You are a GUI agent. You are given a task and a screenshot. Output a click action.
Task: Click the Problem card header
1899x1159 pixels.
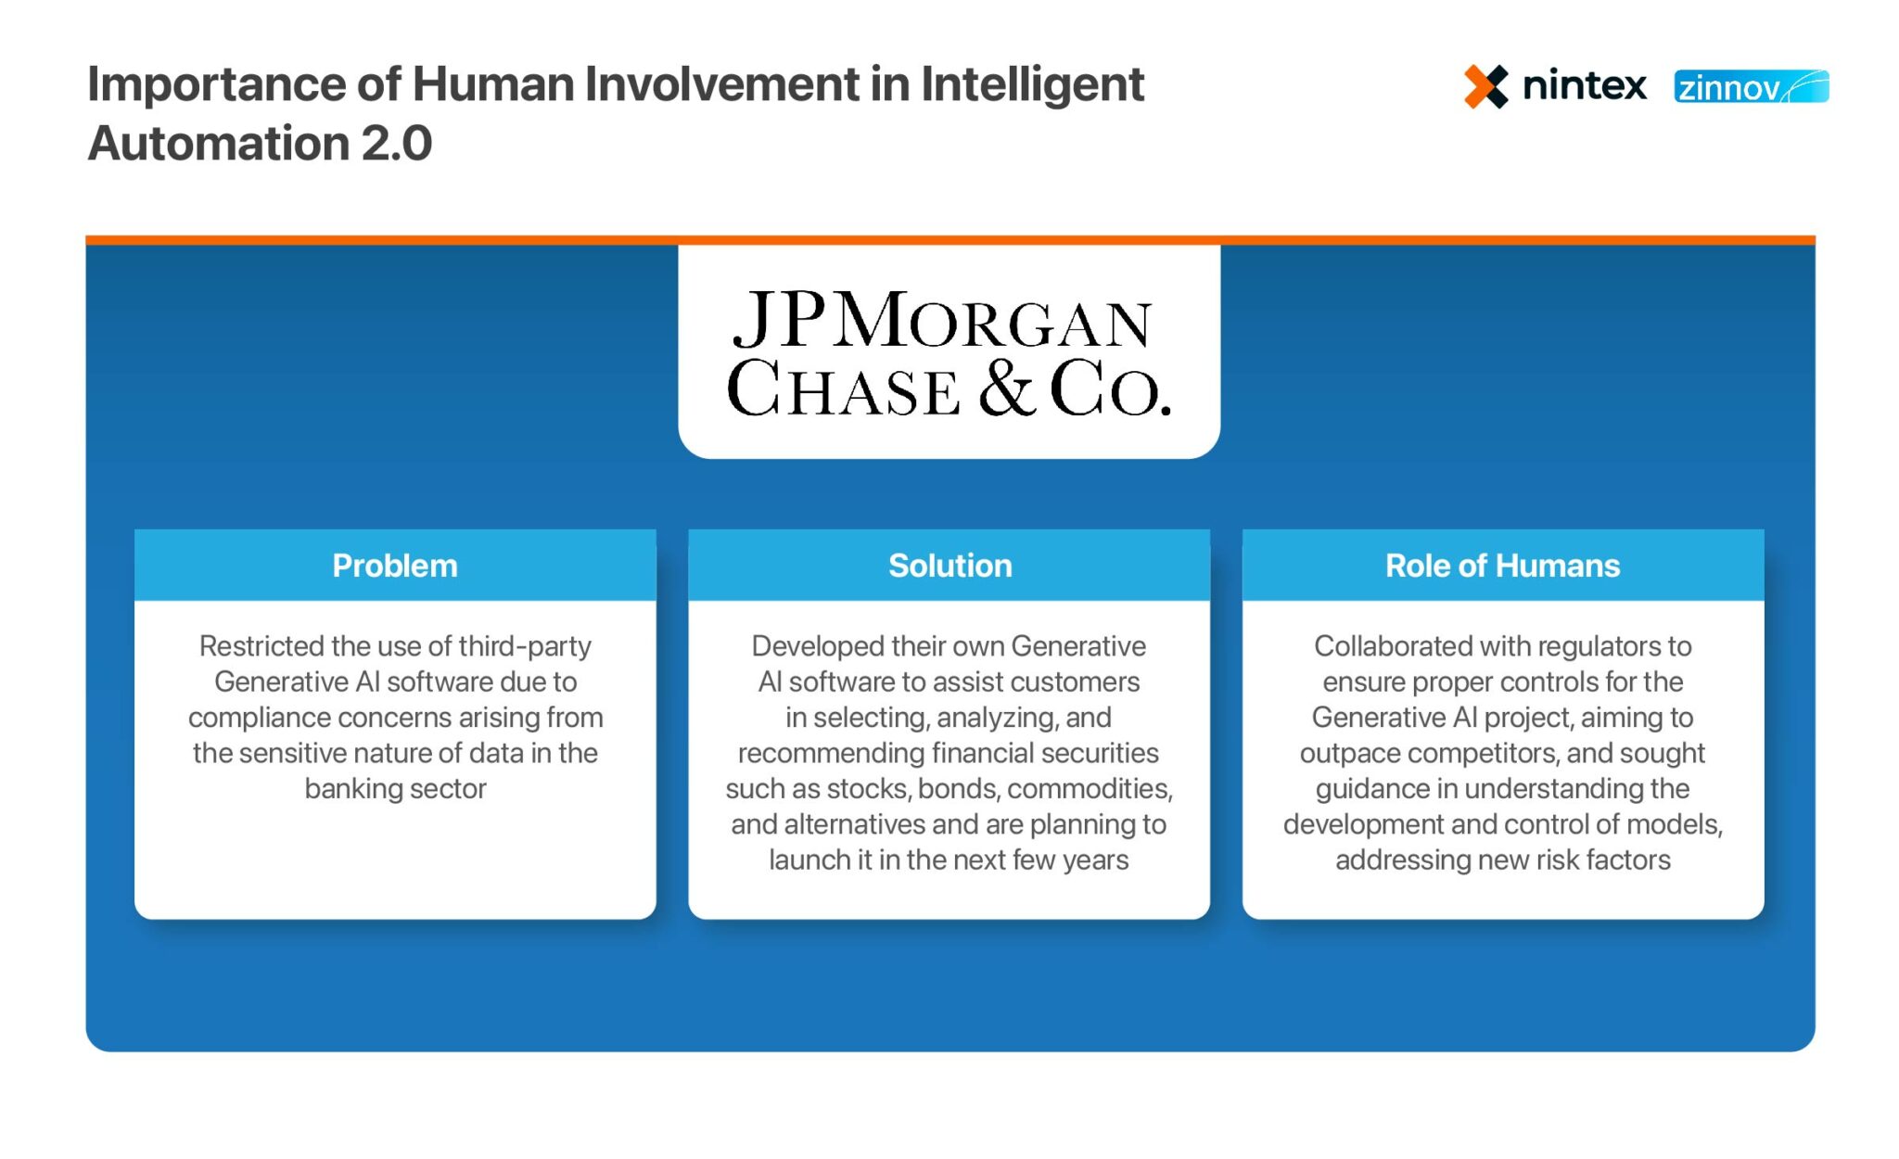point(395,566)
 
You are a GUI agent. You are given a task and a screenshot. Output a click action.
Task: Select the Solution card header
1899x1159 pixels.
point(949,566)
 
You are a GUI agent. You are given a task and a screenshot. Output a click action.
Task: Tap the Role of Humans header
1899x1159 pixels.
point(1502,566)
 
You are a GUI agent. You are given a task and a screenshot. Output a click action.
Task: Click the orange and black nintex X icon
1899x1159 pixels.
point(1485,87)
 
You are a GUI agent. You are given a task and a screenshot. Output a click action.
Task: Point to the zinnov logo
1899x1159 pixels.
point(1751,87)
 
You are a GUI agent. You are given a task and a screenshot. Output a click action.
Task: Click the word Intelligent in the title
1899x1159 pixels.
point(1032,84)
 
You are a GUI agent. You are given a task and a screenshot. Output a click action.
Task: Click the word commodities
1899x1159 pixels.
point(1090,789)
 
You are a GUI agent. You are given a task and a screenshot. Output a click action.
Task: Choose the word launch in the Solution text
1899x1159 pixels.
point(809,860)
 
